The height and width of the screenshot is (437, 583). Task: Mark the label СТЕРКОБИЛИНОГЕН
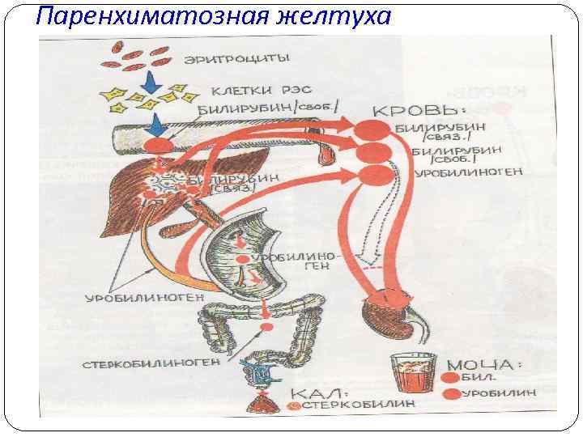[x=151, y=363]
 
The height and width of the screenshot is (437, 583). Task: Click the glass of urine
[x=409, y=374]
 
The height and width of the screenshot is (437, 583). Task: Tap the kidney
[x=390, y=311]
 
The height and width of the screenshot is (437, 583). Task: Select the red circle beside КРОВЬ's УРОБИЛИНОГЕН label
[x=372, y=173]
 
